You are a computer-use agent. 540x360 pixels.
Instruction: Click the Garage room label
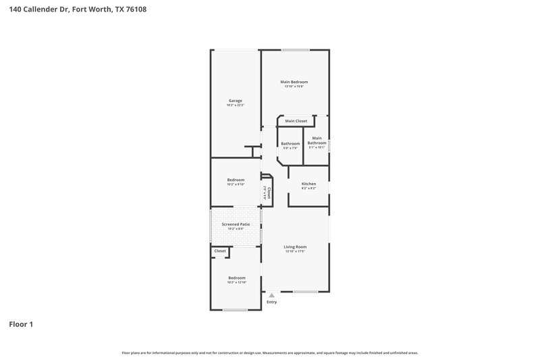coord(235,101)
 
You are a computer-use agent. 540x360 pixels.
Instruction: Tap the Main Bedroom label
coord(294,82)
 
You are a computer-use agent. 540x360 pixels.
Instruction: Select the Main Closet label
coord(296,121)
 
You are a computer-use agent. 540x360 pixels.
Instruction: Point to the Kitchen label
coord(308,184)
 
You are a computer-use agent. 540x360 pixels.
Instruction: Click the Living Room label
coord(295,247)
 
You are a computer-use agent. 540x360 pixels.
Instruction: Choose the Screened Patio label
coord(236,224)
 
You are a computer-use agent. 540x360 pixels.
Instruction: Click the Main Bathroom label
coord(317,140)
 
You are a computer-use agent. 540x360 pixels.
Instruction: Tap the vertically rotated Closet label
coord(269,193)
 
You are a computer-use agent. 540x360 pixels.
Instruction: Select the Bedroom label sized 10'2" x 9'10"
coord(236,180)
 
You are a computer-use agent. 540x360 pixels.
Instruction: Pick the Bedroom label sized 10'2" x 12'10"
coord(236,278)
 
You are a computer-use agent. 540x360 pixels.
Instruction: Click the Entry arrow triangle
coord(272,295)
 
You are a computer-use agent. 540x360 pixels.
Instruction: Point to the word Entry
coord(271,302)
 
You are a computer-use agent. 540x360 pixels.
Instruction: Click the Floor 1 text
coord(21,324)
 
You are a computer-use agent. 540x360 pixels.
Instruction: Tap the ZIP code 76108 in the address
coord(136,9)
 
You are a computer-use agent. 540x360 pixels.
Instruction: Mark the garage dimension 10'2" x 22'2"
coord(235,105)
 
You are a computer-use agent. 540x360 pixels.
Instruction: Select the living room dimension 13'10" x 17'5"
coord(295,251)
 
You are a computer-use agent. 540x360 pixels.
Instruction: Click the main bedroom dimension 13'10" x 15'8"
coord(294,86)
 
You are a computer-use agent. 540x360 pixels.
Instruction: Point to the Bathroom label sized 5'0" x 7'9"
coord(290,143)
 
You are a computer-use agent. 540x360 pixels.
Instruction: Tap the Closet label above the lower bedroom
coord(220,251)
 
